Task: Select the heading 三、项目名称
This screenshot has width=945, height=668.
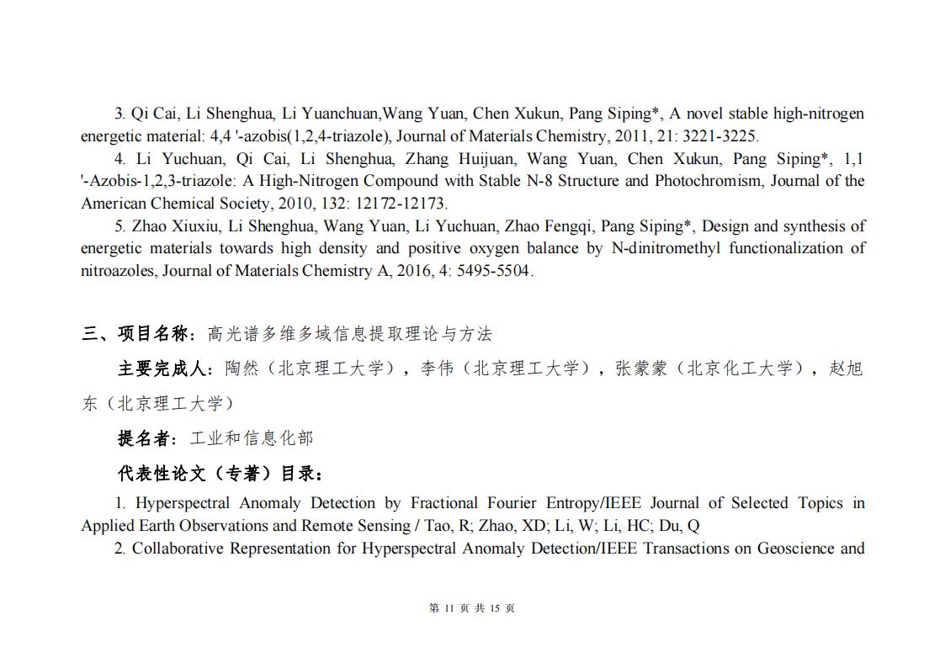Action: coord(138,334)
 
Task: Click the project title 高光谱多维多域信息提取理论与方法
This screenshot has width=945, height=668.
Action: coord(349,334)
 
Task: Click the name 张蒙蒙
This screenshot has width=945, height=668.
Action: coord(642,368)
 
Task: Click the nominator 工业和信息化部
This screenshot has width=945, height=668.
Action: coord(251,438)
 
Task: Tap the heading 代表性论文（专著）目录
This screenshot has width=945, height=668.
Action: coord(219,474)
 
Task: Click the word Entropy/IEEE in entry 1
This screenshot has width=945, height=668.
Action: coord(593,503)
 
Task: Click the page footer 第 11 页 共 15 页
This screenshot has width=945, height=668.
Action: coord(472,608)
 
